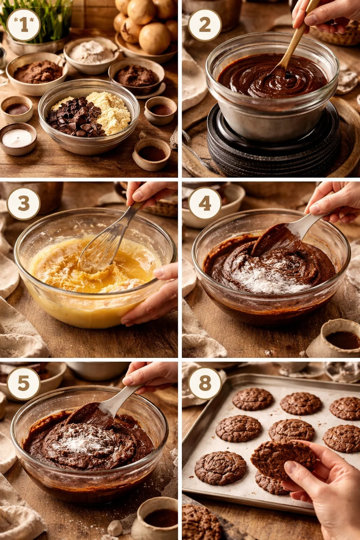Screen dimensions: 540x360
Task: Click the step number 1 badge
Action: pos(24,25)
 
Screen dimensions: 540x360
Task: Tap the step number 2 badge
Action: pos(205,25)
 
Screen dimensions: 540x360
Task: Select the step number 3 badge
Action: pos(24,203)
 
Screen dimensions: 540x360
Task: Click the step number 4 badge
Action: pos(205,203)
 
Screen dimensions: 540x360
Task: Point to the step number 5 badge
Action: pos(24,383)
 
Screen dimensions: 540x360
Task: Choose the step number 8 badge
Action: pos(205,383)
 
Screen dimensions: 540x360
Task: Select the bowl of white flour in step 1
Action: pos(91,54)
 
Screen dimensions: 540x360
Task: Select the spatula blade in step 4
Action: pos(276,239)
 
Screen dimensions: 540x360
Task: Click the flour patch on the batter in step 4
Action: pos(267,278)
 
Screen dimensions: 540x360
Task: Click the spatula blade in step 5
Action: pos(90,415)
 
